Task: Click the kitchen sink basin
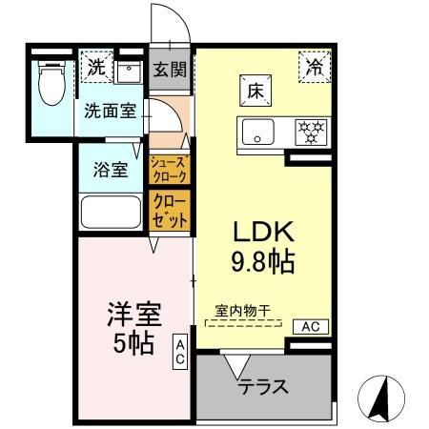[x=255, y=131]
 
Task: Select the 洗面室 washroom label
[x=111, y=111]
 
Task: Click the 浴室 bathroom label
[x=111, y=171]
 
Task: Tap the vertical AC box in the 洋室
[x=179, y=353]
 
